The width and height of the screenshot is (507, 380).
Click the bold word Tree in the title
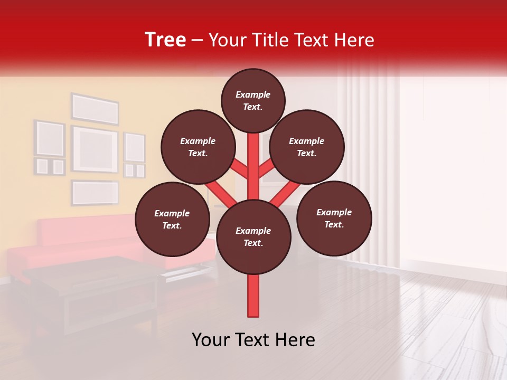165,40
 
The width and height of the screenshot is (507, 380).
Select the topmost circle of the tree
253,100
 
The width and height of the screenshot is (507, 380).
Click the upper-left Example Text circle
198,147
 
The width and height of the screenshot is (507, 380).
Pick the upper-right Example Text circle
306,147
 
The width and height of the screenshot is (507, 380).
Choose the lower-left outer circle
172,219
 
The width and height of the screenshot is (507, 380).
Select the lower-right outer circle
334,217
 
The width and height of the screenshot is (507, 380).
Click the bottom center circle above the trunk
253,236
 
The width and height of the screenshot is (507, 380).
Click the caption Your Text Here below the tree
253,340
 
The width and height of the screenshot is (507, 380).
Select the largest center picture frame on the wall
95,149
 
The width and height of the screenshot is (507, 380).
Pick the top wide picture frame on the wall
95,109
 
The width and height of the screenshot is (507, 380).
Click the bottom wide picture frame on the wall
95,193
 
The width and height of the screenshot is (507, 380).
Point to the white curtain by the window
370,132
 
